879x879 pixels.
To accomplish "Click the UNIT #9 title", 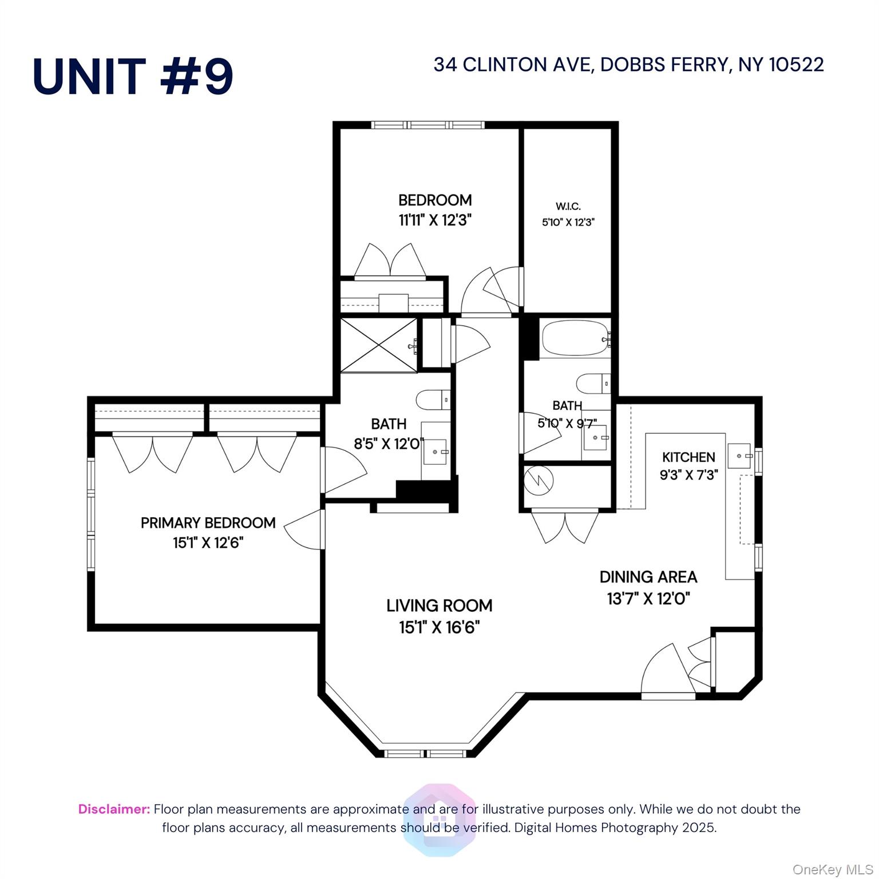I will click(x=133, y=77).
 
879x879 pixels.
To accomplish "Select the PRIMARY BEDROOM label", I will click(x=208, y=522).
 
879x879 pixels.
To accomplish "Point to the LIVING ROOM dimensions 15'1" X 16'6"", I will click(x=439, y=627).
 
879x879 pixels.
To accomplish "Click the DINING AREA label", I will click(x=648, y=577).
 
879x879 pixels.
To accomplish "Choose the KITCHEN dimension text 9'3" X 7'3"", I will click(x=688, y=474).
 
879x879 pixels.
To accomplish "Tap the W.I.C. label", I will click(x=568, y=207).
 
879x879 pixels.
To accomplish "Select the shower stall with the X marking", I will click(x=379, y=345).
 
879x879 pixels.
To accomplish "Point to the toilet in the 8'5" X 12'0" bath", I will click(x=433, y=399).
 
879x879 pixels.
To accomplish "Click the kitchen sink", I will click(x=739, y=456).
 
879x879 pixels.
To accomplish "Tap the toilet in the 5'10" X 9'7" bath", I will click(x=593, y=383).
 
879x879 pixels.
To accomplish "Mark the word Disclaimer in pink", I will click(x=114, y=809).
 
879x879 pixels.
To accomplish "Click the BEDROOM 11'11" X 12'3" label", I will click(x=435, y=209).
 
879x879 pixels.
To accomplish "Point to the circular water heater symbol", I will click(x=539, y=481).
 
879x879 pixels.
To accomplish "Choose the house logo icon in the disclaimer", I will click(x=439, y=819).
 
